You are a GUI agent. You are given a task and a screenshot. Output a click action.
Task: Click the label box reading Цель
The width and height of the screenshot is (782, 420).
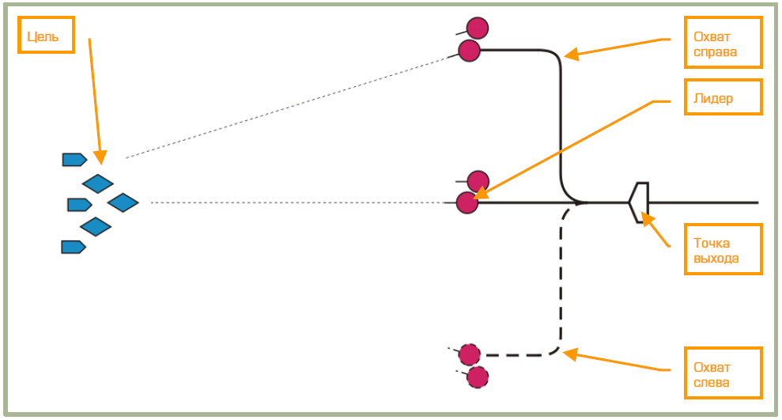46,36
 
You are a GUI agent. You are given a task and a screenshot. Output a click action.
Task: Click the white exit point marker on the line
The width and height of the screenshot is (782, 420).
640,202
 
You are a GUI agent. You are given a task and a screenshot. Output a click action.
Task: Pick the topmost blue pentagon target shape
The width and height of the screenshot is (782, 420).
74,160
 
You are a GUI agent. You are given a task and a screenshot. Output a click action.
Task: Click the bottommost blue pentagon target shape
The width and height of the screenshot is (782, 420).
73,247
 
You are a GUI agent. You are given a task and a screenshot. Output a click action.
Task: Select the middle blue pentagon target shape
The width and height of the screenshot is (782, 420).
79,205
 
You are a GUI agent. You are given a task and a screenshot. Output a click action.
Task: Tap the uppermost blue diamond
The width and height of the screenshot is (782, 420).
98,184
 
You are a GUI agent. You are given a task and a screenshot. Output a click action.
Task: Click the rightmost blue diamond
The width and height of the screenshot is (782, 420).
123,203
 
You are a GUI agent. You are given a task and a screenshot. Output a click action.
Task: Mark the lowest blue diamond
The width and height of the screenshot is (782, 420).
96,227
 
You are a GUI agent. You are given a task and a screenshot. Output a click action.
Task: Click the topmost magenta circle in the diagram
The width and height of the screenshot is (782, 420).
478,28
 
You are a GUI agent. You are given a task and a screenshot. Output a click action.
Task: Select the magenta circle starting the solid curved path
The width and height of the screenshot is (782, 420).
470,51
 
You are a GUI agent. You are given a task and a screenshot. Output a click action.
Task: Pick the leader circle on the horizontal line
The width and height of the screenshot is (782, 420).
467,203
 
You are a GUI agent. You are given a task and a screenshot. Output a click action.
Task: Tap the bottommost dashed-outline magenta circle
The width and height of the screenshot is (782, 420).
478,377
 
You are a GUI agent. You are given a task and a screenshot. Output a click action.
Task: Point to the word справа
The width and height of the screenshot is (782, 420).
715,52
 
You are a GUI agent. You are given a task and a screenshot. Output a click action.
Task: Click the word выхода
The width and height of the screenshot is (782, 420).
716,258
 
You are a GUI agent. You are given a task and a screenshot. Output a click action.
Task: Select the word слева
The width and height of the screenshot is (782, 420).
711,382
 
